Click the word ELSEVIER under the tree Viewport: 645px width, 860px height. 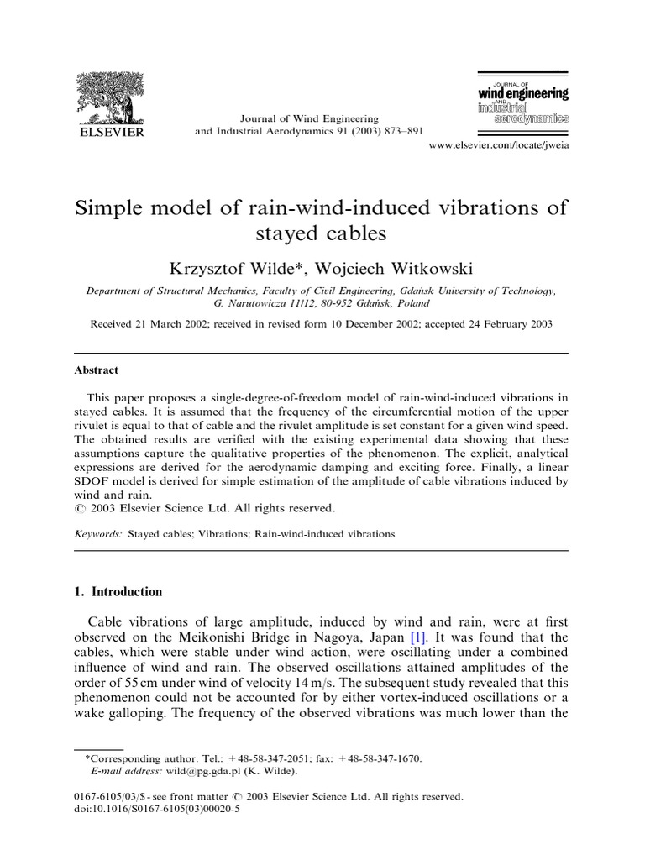111,131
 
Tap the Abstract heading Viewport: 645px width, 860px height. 97,370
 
